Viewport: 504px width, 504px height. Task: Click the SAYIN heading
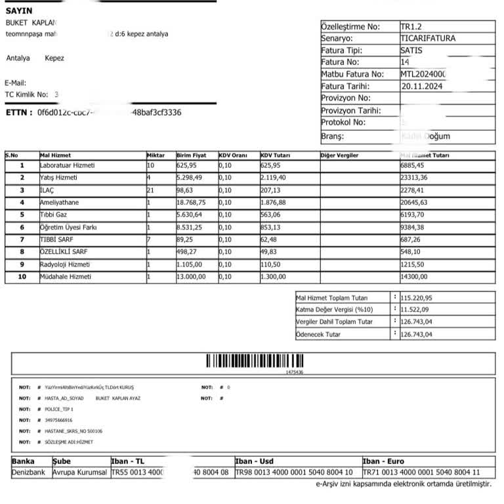18,11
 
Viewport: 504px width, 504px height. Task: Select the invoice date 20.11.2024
421,87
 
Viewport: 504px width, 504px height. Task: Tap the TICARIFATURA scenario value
427,39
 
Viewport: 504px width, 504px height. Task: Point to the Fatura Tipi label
341,51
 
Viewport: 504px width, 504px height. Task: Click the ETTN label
18,113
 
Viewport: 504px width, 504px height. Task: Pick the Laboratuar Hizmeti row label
67,165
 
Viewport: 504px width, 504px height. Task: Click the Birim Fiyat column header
191,156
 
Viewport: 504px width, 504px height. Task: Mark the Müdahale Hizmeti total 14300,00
413,277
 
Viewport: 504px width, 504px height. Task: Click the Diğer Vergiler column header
339,156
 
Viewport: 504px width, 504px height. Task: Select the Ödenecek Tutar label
318,335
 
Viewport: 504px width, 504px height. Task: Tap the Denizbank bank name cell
30,472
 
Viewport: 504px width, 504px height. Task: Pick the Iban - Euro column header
385,461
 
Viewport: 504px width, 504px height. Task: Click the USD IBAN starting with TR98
293,472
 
